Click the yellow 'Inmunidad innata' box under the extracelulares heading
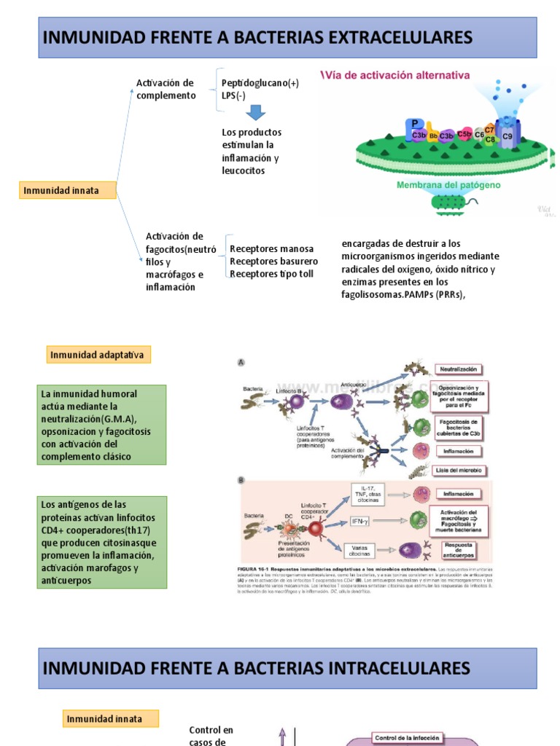coord(69,191)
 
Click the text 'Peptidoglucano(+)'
coord(260,83)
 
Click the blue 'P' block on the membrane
coord(415,125)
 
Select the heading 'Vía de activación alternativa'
coord(396,75)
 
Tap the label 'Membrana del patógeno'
coord(448,185)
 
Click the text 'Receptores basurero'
coord(273,261)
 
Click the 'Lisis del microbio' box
coord(461,471)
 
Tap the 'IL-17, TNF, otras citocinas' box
coord(367,492)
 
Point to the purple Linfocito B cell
coord(296,401)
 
